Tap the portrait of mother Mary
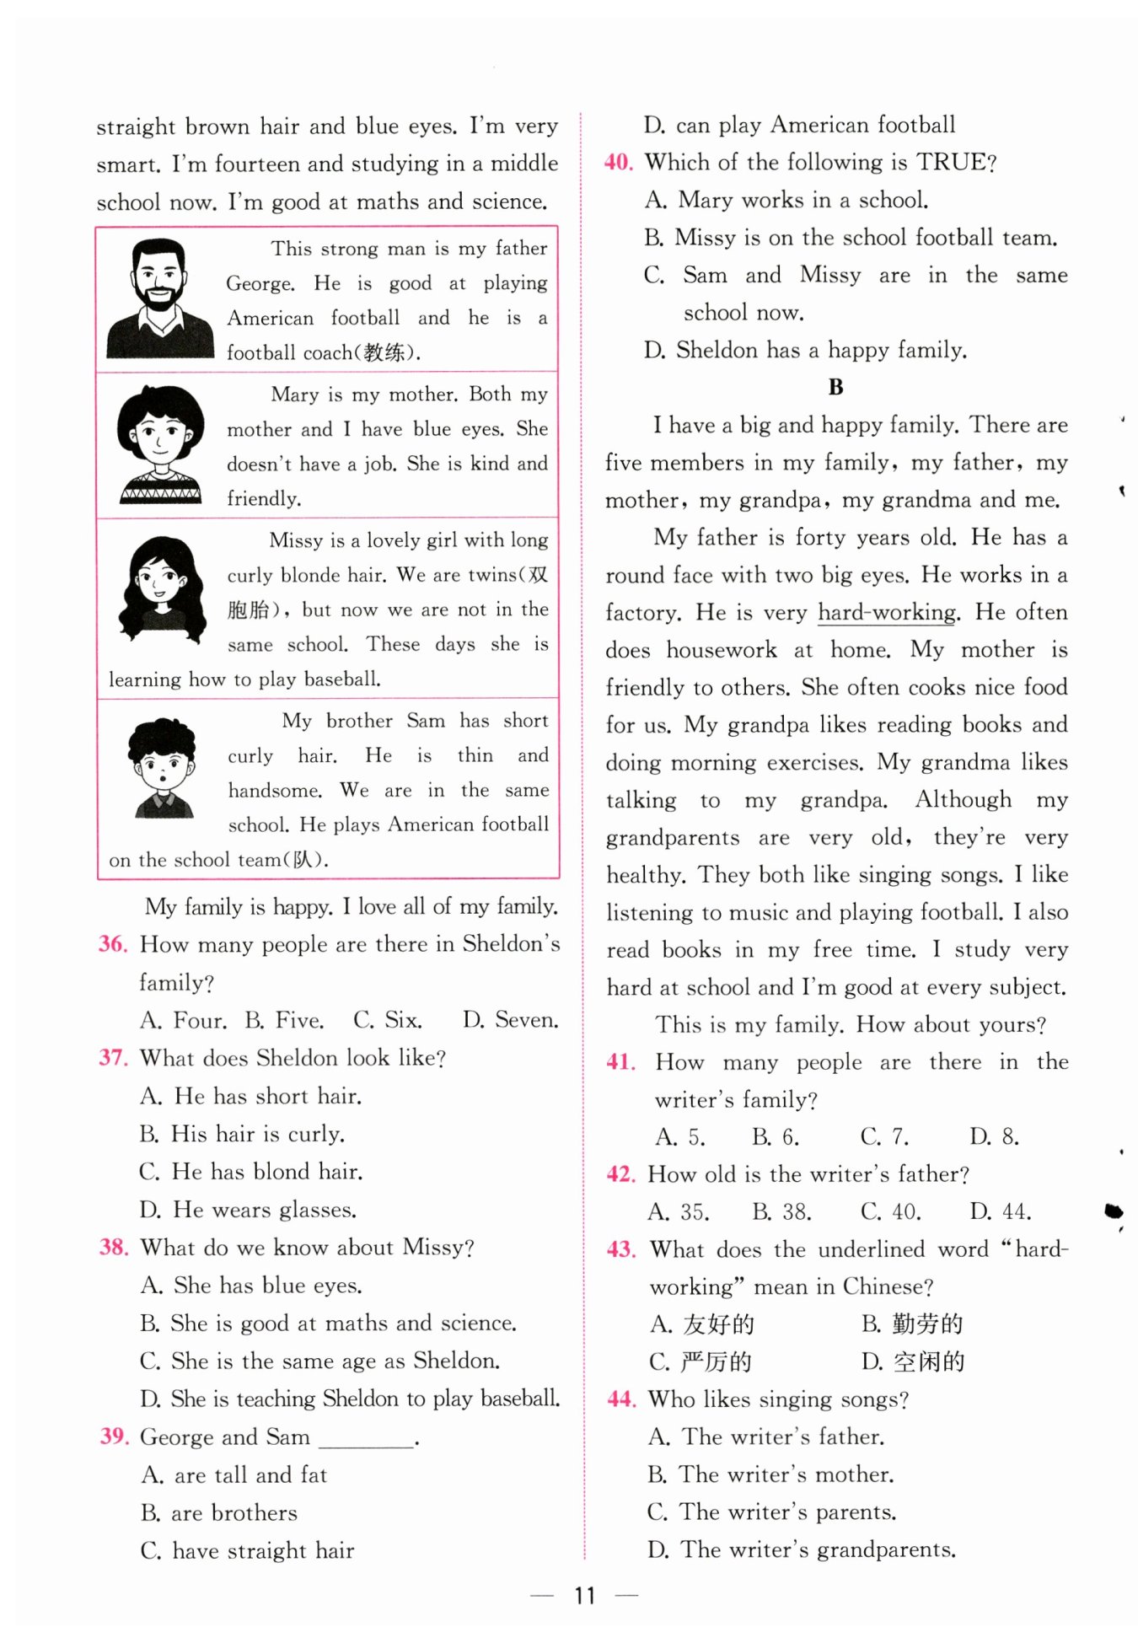pyautogui.click(x=160, y=444)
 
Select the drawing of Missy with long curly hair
pyautogui.click(x=163, y=591)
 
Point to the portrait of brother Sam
pyautogui.click(x=163, y=768)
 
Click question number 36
pyautogui.click(x=113, y=944)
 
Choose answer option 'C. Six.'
pyautogui.click(x=388, y=1020)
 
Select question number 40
pyautogui.click(x=619, y=162)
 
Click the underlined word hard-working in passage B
pyautogui.click(x=888, y=613)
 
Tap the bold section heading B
pyautogui.click(x=835, y=387)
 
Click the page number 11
pyautogui.click(x=584, y=1595)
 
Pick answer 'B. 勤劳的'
pyautogui.click(x=912, y=1324)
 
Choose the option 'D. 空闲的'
pyautogui.click(x=913, y=1361)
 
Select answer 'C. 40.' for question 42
pyautogui.click(x=890, y=1211)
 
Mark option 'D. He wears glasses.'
pyautogui.click(x=248, y=1210)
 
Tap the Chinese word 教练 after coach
pyautogui.click(x=384, y=353)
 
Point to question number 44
pyautogui.click(x=621, y=1399)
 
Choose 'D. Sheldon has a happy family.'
pyautogui.click(x=805, y=350)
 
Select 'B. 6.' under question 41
pyautogui.click(x=776, y=1137)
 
